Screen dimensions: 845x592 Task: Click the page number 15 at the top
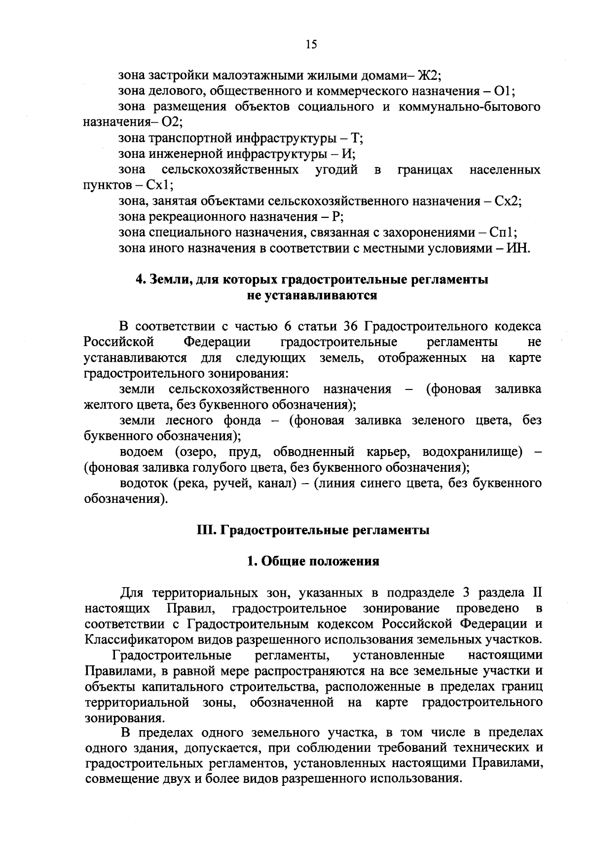[x=311, y=45]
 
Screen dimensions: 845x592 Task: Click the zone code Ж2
[x=428, y=76]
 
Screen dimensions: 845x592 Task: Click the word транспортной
[x=185, y=139]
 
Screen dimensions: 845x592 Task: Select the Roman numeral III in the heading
[x=204, y=530]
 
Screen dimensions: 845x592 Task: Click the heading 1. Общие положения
[x=313, y=562]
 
